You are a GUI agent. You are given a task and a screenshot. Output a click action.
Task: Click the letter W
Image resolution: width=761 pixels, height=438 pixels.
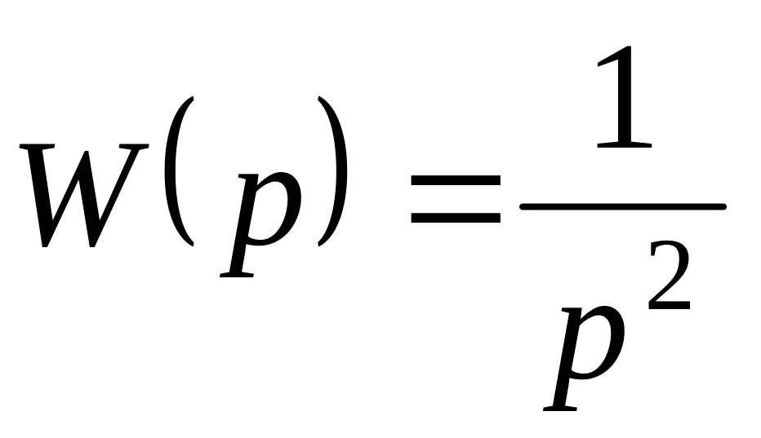click(x=86, y=196)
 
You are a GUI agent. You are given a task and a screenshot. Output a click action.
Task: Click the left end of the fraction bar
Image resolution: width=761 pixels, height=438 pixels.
click(x=525, y=206)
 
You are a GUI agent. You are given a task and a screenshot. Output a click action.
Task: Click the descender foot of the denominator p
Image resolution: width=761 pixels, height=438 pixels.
click(x=560, y=406)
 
